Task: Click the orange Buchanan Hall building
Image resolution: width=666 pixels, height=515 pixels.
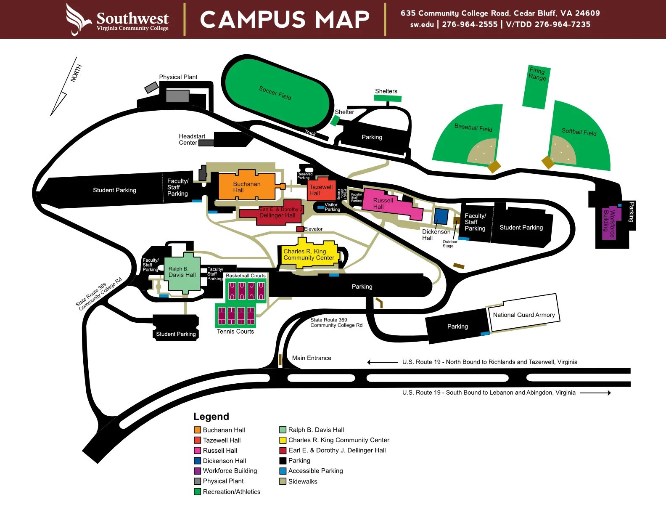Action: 246,187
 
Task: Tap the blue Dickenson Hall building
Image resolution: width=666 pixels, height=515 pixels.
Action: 441,216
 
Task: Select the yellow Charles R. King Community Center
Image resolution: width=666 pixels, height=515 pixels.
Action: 309,255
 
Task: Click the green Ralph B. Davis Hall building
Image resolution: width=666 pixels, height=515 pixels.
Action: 182,274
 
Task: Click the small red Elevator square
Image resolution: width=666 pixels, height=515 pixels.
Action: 300,229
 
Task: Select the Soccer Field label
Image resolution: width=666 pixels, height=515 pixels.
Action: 275,93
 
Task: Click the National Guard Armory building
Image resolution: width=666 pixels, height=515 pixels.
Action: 523,315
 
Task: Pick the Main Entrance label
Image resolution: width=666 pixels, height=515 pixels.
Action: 312,358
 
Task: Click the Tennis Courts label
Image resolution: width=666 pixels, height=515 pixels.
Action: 235,332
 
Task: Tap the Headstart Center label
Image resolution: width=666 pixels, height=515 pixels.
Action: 192,139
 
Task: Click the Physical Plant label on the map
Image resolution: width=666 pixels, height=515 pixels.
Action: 178,77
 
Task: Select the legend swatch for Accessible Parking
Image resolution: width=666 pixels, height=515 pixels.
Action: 283,471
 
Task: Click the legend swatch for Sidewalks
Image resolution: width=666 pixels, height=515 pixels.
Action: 283,481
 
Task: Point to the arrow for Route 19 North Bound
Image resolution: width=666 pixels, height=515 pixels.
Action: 382,362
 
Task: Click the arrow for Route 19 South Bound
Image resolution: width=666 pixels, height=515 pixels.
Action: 595,393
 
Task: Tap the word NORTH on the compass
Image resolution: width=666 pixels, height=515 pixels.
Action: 76,73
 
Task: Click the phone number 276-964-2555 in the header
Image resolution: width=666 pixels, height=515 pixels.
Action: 470,24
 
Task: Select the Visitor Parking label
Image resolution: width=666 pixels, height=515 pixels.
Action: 332,207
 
